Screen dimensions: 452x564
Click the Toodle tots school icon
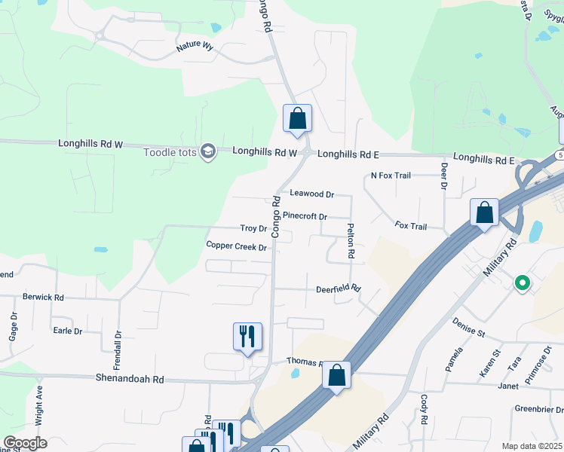tap(208, 152)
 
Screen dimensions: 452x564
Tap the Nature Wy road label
tap(195, 47)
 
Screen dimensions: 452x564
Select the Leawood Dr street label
tap(312, 194)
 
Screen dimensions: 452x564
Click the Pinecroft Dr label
tap(305, 216)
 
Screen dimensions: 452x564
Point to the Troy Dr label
tap(253, 228)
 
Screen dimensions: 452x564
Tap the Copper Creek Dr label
tap(237, 246)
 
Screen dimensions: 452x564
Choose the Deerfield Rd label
tap(339, 289)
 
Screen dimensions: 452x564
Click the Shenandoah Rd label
tap(130, 379)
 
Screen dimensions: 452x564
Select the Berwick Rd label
tap(43, 297)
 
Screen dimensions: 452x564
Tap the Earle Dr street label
tap(67, 330)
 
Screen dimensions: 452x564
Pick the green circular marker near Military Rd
tap(522, 284)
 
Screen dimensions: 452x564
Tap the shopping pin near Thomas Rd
tap(337, 374)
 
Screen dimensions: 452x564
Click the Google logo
tap(24, 443)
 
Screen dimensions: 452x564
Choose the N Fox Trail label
tap(391, 176)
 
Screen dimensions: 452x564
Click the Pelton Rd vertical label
tap(351, 241)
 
